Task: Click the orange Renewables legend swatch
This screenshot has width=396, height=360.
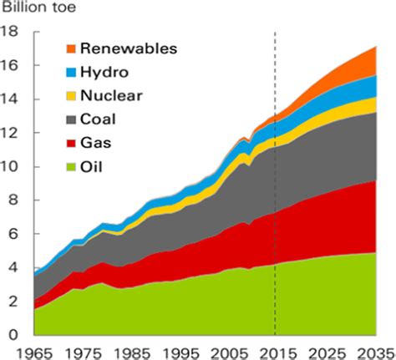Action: coord(73,48)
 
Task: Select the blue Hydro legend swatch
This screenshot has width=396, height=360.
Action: coord(73,72)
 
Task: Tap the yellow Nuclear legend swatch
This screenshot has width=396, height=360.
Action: coord(73,95)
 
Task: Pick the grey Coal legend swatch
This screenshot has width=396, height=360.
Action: coord(73,119)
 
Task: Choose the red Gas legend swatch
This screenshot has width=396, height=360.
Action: coord(73,142)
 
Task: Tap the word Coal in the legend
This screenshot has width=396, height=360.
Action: coord(109,119)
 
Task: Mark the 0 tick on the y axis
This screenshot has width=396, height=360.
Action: coord(15,334)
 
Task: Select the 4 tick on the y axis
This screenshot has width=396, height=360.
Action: coord(15,267)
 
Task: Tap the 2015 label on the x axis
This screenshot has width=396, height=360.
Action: coord(275,352)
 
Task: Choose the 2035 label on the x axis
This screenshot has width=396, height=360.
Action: coord(373,352)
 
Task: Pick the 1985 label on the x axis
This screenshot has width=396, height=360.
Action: coord(129,352)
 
